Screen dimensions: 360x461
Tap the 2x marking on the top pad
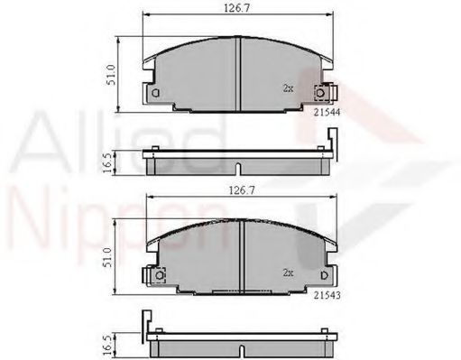coord(288,89)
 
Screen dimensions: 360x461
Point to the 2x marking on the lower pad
coord(288,271)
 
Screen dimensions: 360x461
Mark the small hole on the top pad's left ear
coord(155,93)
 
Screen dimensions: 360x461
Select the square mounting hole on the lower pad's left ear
coord(155,275)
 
